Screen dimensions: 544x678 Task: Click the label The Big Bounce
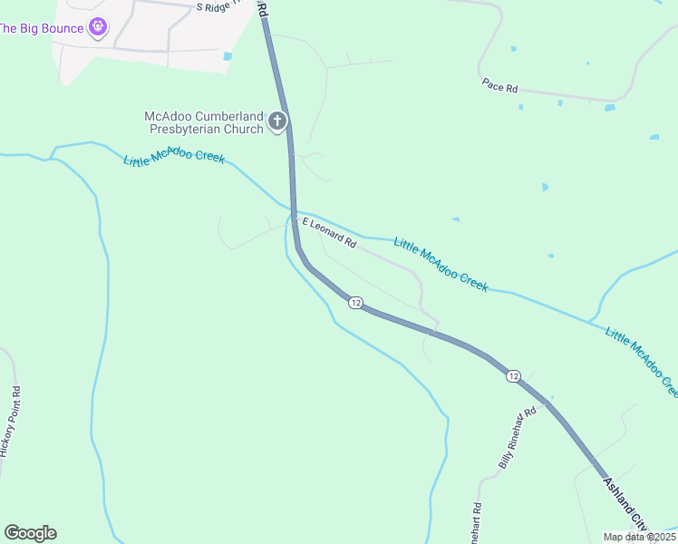[42, 28]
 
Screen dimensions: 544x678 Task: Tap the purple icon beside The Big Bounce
[98, 28]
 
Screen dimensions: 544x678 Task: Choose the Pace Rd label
[499, 87]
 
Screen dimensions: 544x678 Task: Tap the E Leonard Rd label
[329, 233]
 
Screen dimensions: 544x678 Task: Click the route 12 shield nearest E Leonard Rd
[355, 303]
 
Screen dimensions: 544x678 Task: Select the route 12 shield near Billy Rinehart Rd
[514, 376]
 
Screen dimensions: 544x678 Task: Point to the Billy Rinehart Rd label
[518, 437]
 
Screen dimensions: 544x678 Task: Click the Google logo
[30, 533]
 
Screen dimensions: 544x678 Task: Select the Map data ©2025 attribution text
[638, 537]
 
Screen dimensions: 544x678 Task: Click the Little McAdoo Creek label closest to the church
[174, 158]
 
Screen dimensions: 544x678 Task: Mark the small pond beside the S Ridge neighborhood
[227, 56]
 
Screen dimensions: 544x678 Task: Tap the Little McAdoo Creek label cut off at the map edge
[642, 361]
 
